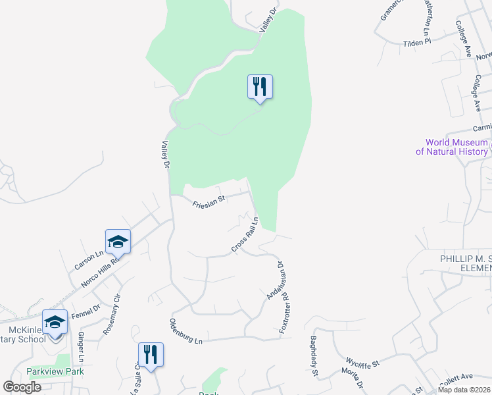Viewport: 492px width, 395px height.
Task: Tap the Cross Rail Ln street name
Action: (x=243, y=239)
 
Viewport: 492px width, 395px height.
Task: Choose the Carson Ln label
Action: (x=89, y=259)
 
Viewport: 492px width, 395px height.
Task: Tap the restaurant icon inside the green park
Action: (x=260, y=86)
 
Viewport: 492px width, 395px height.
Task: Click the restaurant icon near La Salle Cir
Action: (x=151, y=355)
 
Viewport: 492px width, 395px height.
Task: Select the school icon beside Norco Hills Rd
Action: (x=118, y=242)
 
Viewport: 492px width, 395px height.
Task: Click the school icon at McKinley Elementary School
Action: (x=55, y=322)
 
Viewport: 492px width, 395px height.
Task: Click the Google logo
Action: (x=22, y=387)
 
